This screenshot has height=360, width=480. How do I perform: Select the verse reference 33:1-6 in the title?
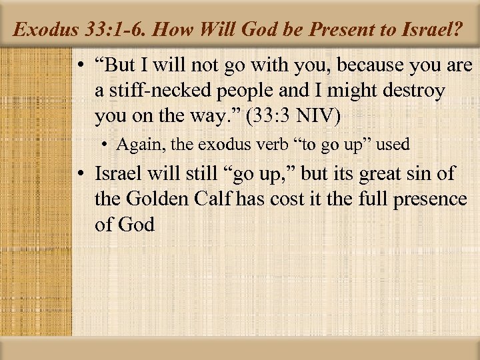[x=111, y=29]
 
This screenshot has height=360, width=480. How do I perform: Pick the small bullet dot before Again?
[x=107, y=145]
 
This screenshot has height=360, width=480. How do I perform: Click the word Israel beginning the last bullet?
[x=117, y=173]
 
